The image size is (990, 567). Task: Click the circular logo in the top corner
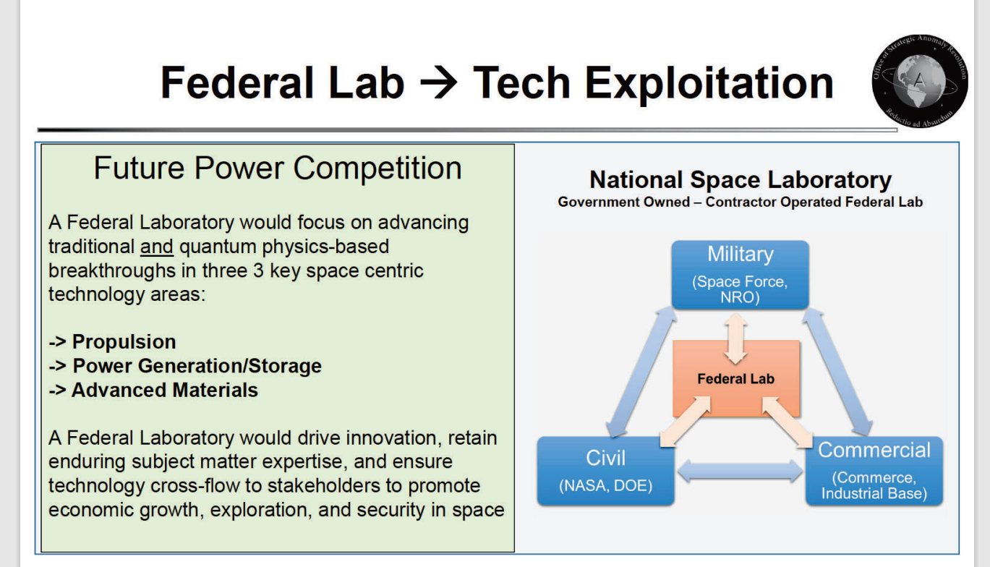click(x=920, y=81)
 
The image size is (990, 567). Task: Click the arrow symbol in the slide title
click(x=438, y=82)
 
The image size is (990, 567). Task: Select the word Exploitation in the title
click(x=709, y=83)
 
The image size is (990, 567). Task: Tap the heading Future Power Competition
click(x=278, y=168)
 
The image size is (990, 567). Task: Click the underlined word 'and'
click(x=156, y=247)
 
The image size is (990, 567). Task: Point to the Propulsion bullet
click(x=112, y=341)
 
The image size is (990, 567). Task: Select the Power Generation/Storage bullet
click(x=185, y=366)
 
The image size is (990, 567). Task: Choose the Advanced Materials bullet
click(x=153, y=391)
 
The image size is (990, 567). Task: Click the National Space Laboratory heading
click(x=741, y=180)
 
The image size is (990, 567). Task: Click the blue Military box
click(x=741, y=274)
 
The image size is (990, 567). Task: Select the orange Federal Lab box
click(x=736, y=378)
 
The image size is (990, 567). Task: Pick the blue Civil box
click(x=605, y=471)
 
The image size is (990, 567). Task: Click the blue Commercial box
click(x=874, y=471)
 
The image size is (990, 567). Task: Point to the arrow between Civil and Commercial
click(x=740, y=471)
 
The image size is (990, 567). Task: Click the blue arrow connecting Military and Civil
click(x=641, y=372)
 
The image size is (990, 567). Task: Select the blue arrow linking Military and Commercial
click(x=837, y=372)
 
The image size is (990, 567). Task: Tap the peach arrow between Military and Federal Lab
click(x=736, y=339)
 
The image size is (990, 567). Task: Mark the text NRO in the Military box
click(x=738, y=297)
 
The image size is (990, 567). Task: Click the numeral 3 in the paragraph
click(x=259, y=270)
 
